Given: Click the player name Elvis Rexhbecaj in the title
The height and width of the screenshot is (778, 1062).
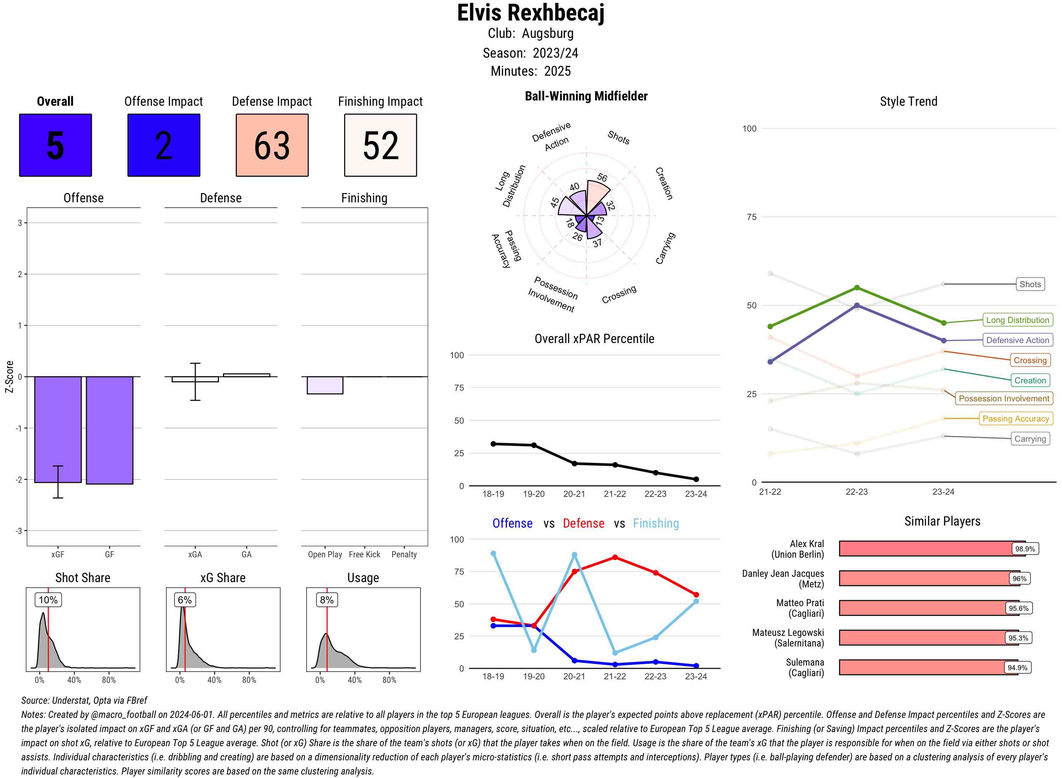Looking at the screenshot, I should coord(530,13).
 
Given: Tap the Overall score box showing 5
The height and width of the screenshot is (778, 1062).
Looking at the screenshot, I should coord(55,145).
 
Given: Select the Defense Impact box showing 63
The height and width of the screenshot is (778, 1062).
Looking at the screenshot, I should coord(272,145).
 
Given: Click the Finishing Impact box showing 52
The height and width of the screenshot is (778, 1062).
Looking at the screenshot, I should coord(381,145).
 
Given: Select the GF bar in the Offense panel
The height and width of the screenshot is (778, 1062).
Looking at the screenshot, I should coord(109,430).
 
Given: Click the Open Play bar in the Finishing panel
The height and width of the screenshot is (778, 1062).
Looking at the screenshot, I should coord(325,385).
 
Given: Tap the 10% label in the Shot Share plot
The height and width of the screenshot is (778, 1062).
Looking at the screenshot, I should coord(48,600).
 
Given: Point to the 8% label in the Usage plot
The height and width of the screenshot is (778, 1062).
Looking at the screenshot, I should coord(327,600).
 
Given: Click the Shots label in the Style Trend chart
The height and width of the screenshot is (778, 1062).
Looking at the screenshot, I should coord(1030,284).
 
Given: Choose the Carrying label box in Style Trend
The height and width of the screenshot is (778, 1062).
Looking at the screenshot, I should coord(1030,439).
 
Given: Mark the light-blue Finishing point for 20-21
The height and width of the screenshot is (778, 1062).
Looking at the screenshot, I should coord(575,555).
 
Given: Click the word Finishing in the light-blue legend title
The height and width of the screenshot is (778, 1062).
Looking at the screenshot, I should coord(656,524).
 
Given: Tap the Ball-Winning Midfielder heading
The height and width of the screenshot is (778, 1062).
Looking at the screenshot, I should coord(586,96).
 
